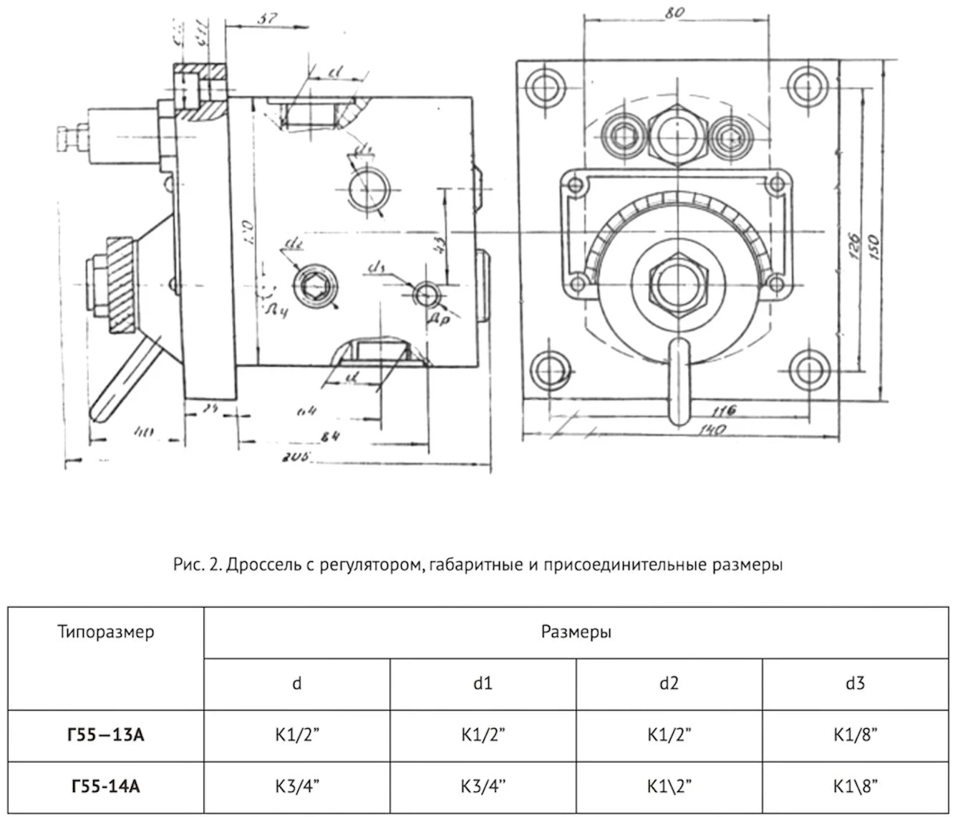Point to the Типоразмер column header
tap(106, 632)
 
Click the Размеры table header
tap(576, 632)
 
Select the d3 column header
tap(855, 683)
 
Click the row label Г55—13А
tap(106, 735)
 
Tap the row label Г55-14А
tap(106, 786)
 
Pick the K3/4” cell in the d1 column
tap(483, 786)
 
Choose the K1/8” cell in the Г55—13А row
tap(855, 735)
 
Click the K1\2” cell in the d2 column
tap(669, 786)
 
